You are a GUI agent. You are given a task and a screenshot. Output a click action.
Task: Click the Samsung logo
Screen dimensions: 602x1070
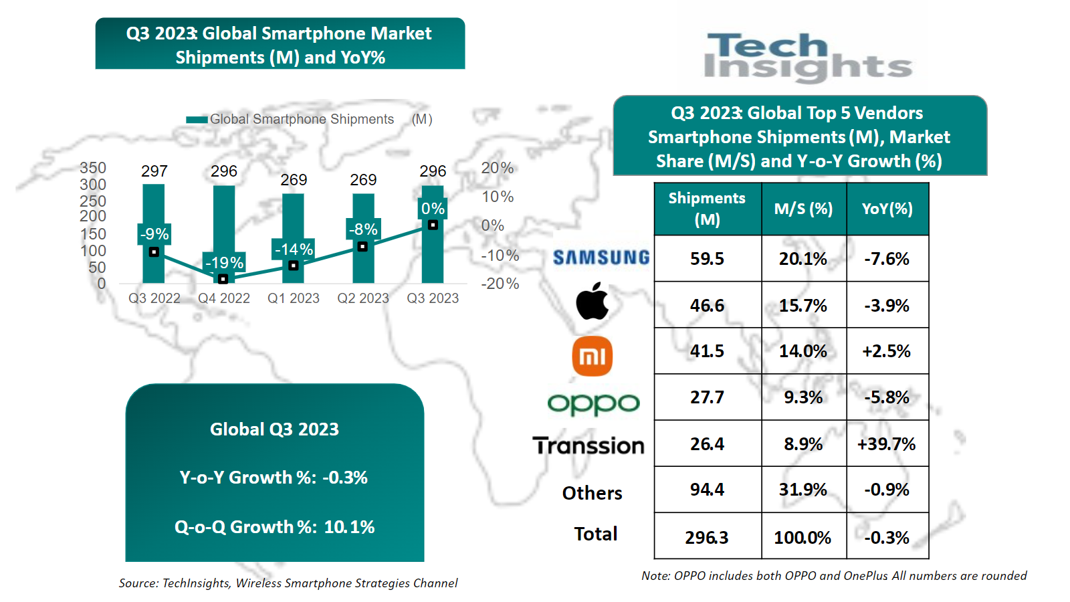[x=601, y=258]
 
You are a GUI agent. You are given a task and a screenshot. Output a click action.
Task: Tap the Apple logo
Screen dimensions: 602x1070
[x=593, y=302]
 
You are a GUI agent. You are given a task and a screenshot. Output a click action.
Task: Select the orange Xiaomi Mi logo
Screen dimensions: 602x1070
[x=593, y=356]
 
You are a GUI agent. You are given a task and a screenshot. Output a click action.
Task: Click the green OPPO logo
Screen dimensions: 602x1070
[x=593, y=403]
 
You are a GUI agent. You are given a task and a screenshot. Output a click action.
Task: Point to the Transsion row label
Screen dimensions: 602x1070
[x=588, y=445]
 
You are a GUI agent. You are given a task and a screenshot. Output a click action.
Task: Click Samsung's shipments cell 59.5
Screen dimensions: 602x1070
[x=707, y=259]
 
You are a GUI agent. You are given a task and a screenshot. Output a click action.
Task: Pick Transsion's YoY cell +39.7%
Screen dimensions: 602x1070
[x=887, y=444]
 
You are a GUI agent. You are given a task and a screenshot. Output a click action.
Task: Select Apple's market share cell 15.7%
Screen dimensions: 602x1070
[x=802, y=306]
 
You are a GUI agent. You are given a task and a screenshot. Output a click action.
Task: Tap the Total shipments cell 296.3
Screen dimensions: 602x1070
[x=707, y=538]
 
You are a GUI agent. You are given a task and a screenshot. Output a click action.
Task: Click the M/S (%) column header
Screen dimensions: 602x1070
[x=803, y=209]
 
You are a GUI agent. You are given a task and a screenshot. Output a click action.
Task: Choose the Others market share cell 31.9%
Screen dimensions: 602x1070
[x=802, y=490]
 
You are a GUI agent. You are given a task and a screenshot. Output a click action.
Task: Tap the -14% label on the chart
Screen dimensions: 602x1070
[x=294, y=249]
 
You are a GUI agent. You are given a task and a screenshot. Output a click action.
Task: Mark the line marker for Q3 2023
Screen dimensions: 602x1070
[x=433, y=225]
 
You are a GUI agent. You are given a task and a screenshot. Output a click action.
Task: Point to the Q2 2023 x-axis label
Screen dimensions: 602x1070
[x=363, y=298]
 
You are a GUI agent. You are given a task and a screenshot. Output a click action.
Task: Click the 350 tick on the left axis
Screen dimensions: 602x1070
[x=93, y=168]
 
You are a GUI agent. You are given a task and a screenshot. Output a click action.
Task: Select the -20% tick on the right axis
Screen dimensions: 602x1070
[x=500, y=284]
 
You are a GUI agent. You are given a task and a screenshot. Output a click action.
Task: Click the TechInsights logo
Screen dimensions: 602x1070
[x=808, y=57]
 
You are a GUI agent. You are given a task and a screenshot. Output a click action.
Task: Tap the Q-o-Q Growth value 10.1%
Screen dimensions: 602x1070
[x=349, y=527]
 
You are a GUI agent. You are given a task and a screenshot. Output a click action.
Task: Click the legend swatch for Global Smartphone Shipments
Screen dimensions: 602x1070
[x=197, y=120]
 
